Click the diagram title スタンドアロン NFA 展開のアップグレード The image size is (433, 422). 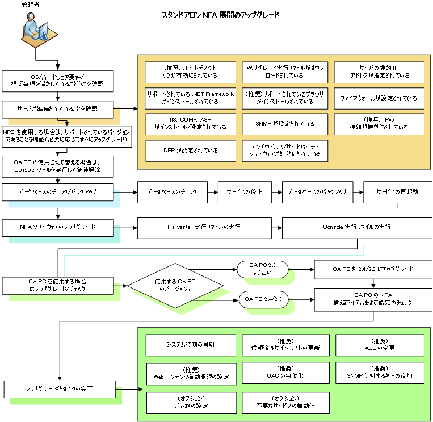point(220,15)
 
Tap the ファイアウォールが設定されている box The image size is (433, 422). point(379,98)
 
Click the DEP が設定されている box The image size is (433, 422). point(190,151)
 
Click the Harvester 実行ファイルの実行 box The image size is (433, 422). point(204,227)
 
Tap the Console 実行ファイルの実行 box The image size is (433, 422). point(357,227)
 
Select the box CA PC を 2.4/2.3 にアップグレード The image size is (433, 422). point(372,269)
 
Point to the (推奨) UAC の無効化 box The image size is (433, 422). point(285,373)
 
